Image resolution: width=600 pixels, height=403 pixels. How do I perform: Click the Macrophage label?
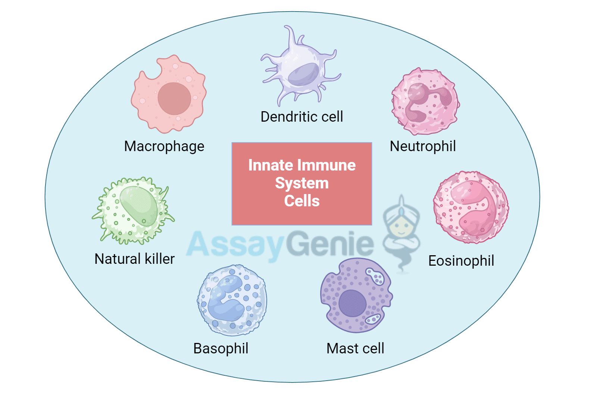tap(164, 146)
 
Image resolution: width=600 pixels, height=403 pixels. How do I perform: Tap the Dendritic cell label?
tap(301, 117)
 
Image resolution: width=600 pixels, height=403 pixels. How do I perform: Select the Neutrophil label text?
tap(423, 146)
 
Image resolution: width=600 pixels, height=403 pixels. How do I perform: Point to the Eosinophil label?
tap(461, 261)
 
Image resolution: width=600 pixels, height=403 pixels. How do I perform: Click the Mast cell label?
tap(355, 349)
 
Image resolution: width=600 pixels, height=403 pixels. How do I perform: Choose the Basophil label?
tap(221, 349)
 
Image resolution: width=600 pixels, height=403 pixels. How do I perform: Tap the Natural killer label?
tap(135, 259)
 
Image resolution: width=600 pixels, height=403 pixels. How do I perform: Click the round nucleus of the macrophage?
tap(174, 99)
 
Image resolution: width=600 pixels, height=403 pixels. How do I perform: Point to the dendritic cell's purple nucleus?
tap(304, 74)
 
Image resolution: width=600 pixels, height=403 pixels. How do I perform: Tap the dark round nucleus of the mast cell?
tap(352, 303)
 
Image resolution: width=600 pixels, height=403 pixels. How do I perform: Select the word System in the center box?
tap(302, 183)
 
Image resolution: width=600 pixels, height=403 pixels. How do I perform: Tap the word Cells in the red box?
tap(302, 201)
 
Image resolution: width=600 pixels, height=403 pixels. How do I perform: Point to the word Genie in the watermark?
tap(330, 244)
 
